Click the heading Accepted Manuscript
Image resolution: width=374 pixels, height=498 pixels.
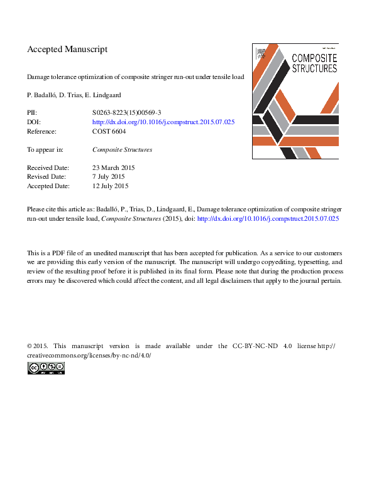point(67,49)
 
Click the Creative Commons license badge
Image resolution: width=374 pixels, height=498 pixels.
point(46,369)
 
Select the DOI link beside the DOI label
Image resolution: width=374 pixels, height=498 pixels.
point(163,122)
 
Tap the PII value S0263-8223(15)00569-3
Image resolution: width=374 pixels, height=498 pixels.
point(127,113)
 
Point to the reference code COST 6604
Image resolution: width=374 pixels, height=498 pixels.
point(109,132)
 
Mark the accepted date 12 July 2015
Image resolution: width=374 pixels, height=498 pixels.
point(111,186)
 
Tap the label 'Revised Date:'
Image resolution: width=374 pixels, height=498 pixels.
point(47,177)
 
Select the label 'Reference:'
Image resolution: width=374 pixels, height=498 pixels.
point(41,132)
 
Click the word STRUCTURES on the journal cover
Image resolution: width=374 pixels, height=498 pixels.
point(314,68)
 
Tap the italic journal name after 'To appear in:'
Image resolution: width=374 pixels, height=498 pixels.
point(122,150)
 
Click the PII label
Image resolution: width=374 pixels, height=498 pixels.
point(32,113)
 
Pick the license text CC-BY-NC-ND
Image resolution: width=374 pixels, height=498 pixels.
point(252,346)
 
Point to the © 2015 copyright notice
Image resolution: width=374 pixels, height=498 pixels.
point(37,346)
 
